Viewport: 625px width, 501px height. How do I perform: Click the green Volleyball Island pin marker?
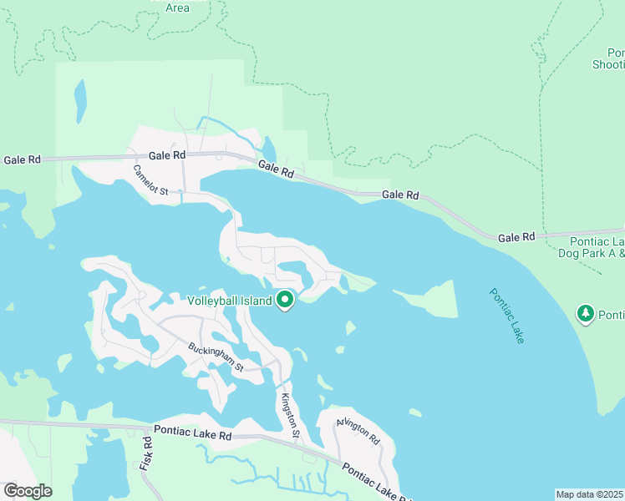tap(285, 299)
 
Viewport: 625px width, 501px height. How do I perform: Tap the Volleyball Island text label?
tap(229, 301)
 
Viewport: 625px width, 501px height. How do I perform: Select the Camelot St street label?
tap(150, 180)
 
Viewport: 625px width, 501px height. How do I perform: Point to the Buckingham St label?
tap(215, 357)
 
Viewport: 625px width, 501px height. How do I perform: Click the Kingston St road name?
tap(290, 416)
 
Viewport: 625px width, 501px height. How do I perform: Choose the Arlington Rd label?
tap(358, 430)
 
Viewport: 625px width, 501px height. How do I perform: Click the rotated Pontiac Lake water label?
tap(506, 316)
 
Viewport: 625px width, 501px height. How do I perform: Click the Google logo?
tap(28, 491)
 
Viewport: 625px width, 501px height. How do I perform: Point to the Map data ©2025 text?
tap(590, 494)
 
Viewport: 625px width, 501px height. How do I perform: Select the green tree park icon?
tap(586, 313)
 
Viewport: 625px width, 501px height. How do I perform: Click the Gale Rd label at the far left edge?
tap(22, 159)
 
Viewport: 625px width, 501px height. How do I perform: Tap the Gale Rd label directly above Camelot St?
tap(167, 155)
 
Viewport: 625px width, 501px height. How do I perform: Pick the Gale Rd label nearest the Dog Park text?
tap(516, 237)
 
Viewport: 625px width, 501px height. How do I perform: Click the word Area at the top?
tap(177, 8)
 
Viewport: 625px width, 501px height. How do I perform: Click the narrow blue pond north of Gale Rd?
tap(80, 100)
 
